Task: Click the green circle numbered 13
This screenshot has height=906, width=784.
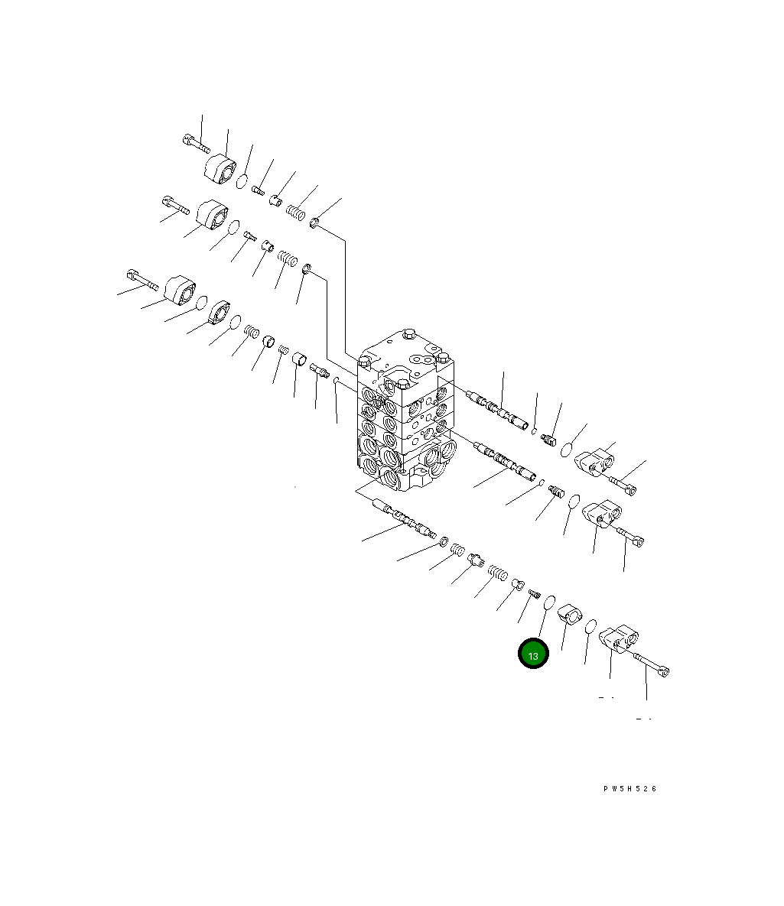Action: [532, 654]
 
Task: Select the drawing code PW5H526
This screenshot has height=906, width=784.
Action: [629, 789]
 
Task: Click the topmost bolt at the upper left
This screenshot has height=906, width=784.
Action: [196, 143]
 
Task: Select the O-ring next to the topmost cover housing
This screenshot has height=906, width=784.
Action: [242, 181]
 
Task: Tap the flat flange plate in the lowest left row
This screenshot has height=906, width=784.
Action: [220, 313]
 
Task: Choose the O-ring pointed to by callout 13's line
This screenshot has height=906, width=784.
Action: [550, 602]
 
